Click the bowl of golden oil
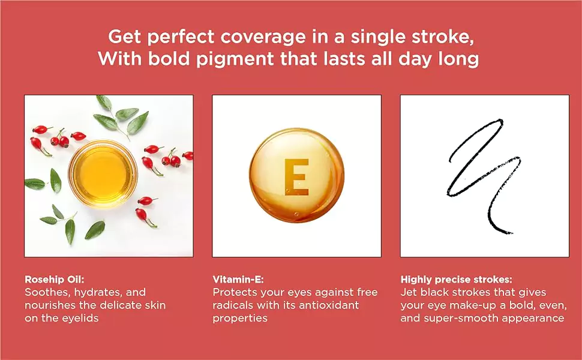(x=103, y=173)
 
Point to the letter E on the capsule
(x=296, y=177)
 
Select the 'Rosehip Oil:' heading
(x=55, y=280)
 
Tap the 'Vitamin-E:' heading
(x=238, y=280)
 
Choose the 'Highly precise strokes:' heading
(x=457, y=280)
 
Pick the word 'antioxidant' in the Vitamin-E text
(x=329, y=305)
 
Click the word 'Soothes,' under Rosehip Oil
(x=47, y=292)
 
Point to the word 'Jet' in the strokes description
(x=408, y=292)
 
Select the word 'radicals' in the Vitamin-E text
(x=233, y=305)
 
